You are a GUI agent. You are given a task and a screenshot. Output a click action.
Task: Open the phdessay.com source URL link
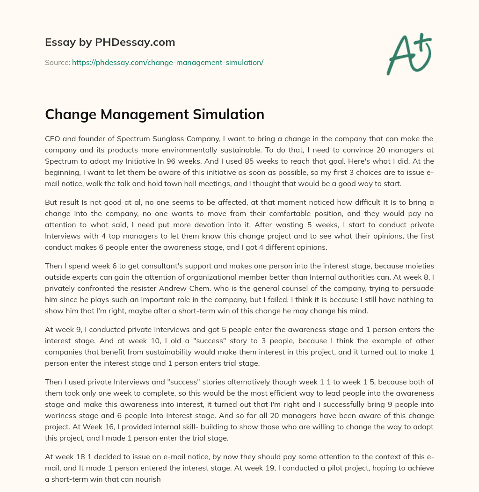click(167, 62)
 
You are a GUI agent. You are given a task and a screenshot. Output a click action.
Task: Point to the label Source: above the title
click(57, 62)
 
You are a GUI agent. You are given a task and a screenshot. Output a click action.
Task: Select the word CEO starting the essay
click(52, 138)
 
